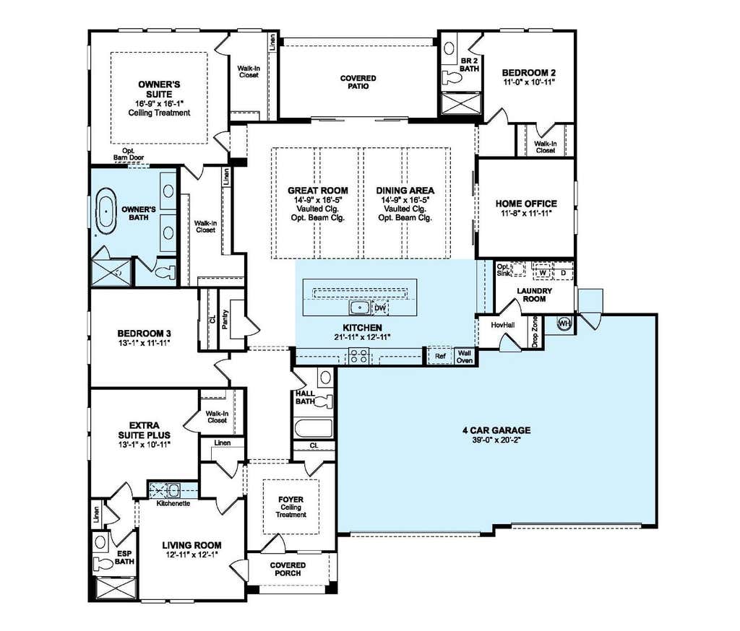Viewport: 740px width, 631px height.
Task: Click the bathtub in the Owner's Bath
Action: click(x=106, y=211)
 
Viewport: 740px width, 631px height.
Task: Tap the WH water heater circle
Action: click(x=564, y=323)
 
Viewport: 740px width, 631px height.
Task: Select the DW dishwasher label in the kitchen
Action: click(x=380, y=308)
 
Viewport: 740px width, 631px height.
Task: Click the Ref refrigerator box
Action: click(x=440, y=356)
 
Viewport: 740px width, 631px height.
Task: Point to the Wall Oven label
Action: click(x=465, y=357)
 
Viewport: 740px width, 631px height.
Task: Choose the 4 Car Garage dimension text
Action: click(x=496, y=440)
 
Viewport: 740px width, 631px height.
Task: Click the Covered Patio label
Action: click(x=358, y=82)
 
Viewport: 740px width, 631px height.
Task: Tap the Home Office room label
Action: click(x=526, y=204)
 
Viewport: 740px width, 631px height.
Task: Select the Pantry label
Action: click(x=225, y=319)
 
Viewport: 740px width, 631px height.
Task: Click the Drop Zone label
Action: click(x=535, y=332)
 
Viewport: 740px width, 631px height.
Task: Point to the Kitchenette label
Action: click(x=173, y=503)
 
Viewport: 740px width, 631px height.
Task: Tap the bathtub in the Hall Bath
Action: click(x=313, y=427)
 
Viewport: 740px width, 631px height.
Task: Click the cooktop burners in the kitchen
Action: click(x=358, y=356)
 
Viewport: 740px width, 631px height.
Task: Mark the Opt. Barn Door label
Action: click(x=129, y=155)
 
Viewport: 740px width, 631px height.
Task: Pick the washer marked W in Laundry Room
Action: click(x=543, y=273)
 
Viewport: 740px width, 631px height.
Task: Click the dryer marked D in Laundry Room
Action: click(x=563, y=273)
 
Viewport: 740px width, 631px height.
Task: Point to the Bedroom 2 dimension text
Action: click(x=528, y=82)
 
